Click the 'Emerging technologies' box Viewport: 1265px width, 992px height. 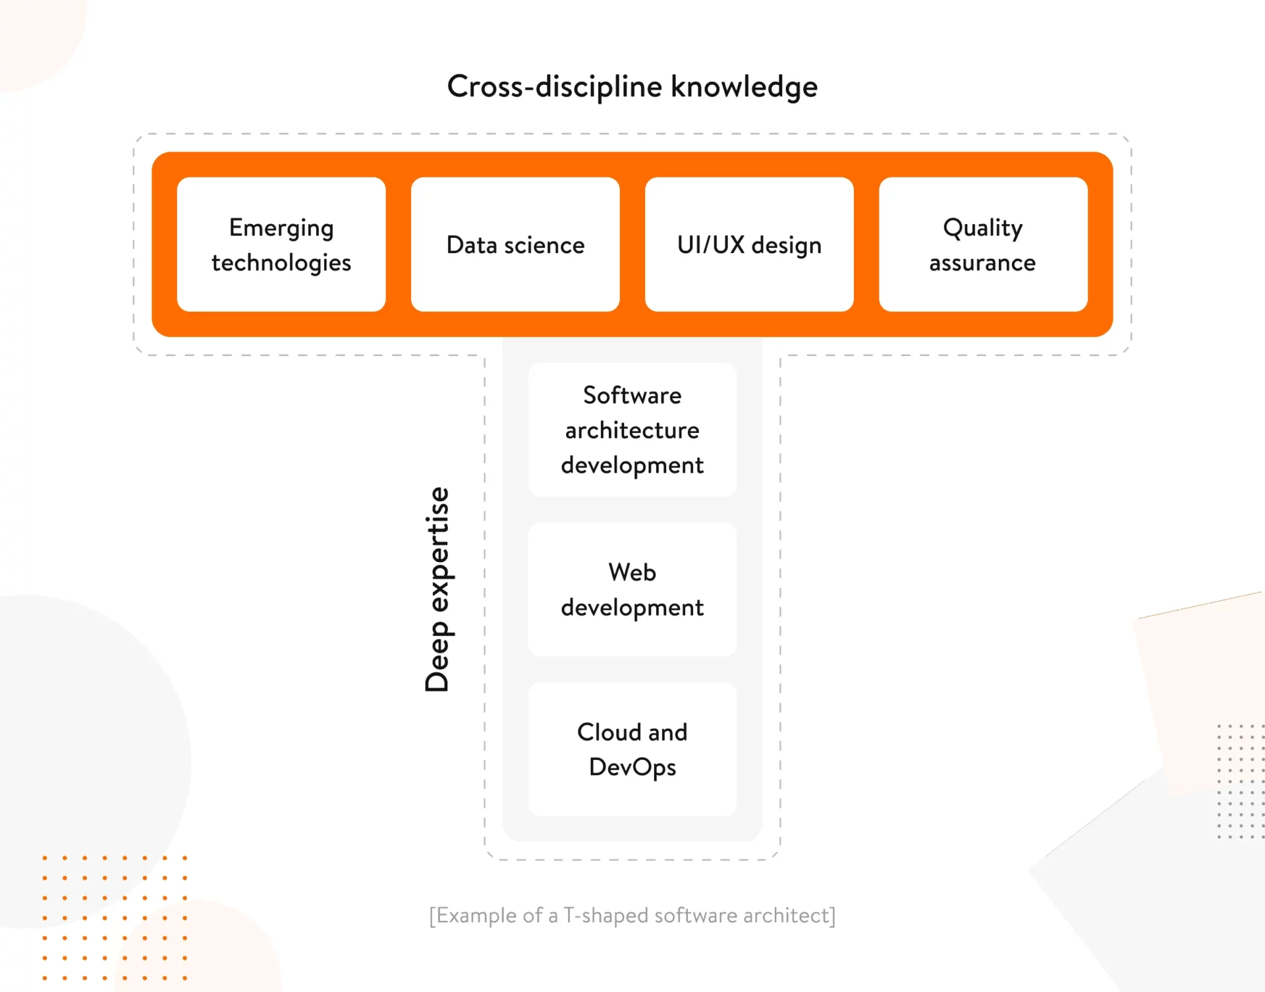coord(281,245)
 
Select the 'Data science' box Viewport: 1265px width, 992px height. coord(515,245)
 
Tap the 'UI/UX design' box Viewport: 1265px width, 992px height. coord(749,245)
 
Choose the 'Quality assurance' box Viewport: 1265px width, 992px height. coord(983,245)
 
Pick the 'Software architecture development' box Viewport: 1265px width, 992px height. coord(632,430)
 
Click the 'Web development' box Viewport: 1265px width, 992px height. coord(632,589)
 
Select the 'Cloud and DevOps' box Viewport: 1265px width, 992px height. coord(632,749)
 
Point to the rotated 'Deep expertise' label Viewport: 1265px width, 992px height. coord(437,589)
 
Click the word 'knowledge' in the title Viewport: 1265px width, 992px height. coord(744,86)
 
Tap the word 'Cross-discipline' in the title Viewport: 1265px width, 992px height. coord(555,86)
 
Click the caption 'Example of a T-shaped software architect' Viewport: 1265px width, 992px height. coord(632,916)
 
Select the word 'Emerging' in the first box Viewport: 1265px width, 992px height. coord(281,228)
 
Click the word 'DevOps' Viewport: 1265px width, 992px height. coord(632,767)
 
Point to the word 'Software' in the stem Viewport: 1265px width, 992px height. coord(632,395)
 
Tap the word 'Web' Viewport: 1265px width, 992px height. coord(632,572)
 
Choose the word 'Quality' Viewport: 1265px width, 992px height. coord(983,228)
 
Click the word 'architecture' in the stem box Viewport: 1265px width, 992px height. coord(632,430)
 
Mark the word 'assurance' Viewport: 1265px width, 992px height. coord(983,263)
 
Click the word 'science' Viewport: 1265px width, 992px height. coord(544,245)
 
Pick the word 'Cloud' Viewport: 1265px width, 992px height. coord(609,732)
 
